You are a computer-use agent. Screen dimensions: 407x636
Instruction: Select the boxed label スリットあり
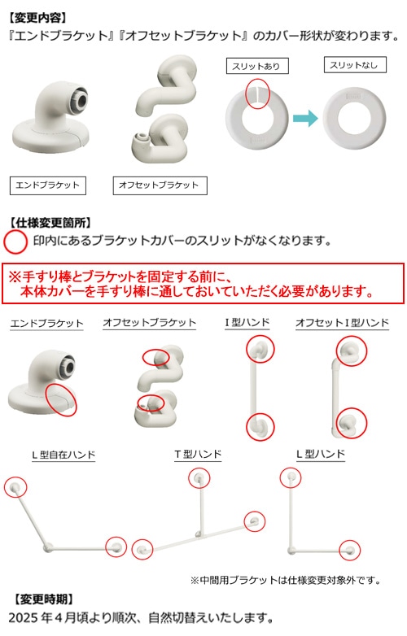point(257,66)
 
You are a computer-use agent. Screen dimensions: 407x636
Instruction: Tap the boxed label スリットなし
point(355,65)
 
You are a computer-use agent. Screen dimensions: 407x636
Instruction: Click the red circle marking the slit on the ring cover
point(258,93)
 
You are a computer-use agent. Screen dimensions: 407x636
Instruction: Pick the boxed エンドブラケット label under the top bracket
point(48,185)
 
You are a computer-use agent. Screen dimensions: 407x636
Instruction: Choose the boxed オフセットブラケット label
point(160,185)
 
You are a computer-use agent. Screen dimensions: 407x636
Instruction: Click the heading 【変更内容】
point(37,17)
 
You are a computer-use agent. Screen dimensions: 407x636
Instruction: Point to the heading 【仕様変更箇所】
point(50,222)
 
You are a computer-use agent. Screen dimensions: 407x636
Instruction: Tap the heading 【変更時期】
point(43,599)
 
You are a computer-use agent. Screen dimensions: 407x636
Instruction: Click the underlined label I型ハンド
point(247,323)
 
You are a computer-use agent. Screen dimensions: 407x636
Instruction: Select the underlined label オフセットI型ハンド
point(342,323)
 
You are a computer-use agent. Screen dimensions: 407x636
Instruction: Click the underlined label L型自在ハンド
point(63,455)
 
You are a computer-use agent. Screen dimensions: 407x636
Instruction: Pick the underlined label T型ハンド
point(198,455)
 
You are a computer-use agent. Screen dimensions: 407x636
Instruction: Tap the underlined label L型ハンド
point(321,455)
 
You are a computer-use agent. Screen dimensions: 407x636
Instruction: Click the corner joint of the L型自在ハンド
point(47,548)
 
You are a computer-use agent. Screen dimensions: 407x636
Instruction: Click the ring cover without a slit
point(354,119)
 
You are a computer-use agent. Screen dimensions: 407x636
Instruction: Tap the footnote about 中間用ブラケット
point(286,581)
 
